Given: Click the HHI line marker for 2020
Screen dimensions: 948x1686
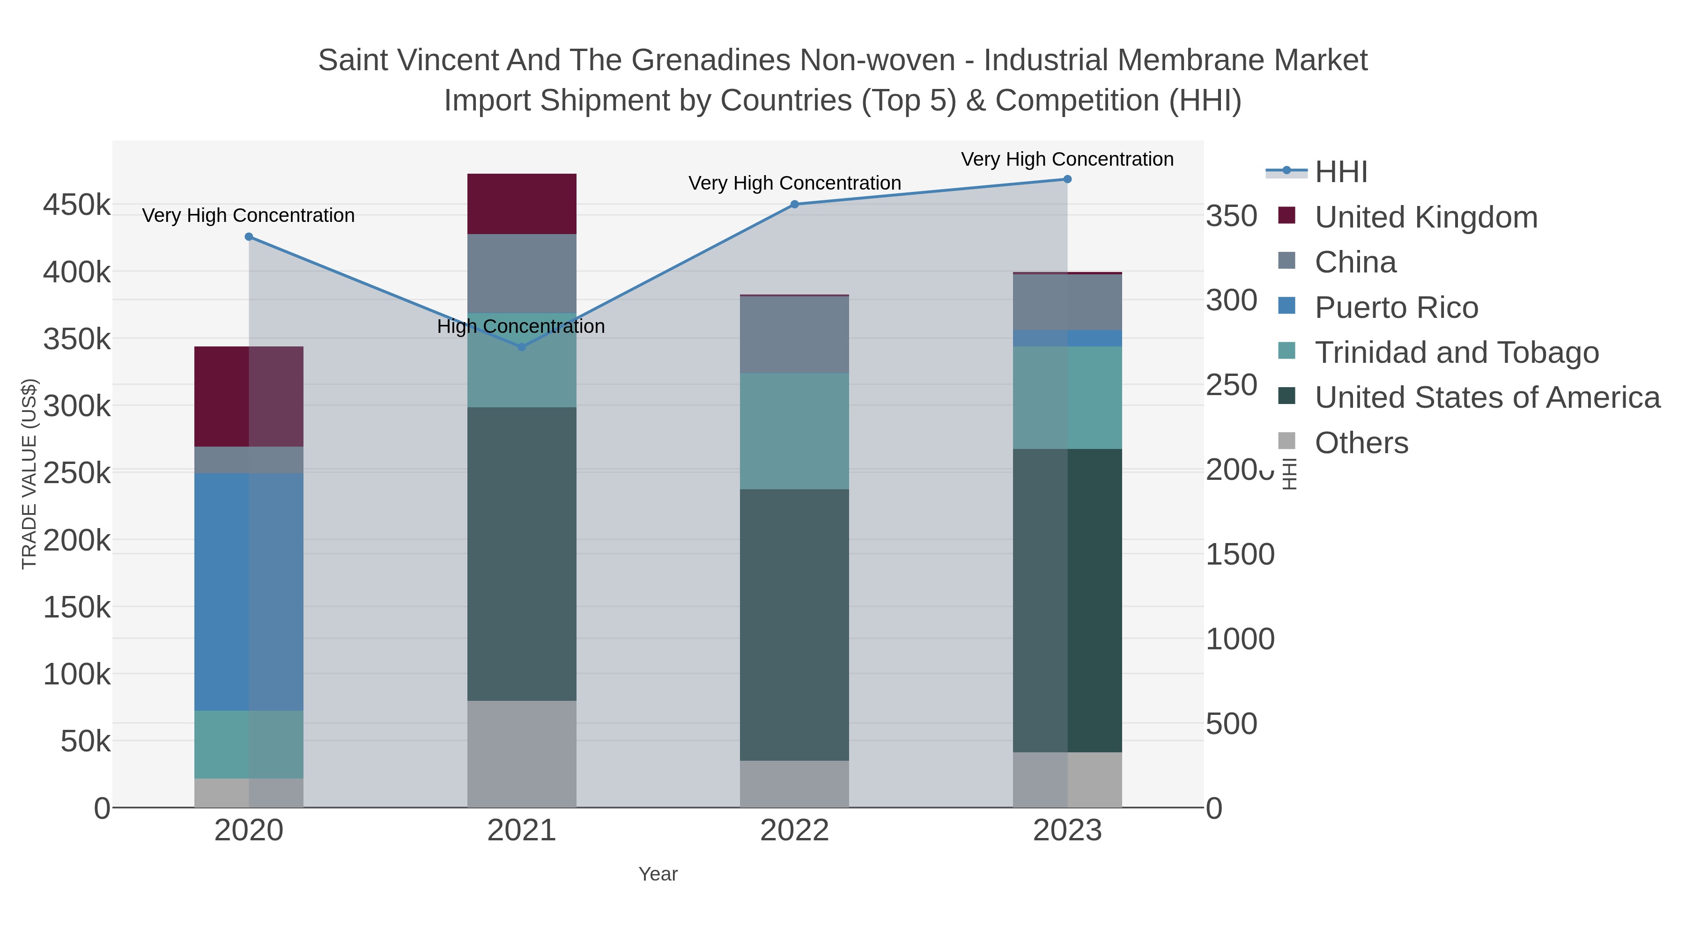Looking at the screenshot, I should [x=249, y=237].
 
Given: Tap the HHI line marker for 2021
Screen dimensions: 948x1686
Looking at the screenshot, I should [x=522, y=347].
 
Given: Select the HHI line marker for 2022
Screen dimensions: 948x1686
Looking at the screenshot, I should [x=795, y=204].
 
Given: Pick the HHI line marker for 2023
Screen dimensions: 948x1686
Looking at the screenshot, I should [x=1067, y=179].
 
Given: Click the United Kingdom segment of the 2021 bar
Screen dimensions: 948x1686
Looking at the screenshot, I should [x=522, y=204].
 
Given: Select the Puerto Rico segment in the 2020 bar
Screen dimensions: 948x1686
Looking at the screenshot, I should [x=249, y=591].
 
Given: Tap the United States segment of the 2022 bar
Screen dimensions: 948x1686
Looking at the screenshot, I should [x=795, y=625].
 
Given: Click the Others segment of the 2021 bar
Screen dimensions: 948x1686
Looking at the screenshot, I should [x=522, y=754].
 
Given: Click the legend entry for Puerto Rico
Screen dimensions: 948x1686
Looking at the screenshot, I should [x=1396, y=308].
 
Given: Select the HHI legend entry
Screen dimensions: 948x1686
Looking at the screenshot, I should [x=1340, y=172].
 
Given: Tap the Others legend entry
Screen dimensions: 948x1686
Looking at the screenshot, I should [x=1361, y=443].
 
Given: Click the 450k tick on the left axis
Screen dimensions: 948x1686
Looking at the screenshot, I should [x=77, y=205].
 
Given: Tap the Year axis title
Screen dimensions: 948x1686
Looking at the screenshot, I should [x=658, y=874].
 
